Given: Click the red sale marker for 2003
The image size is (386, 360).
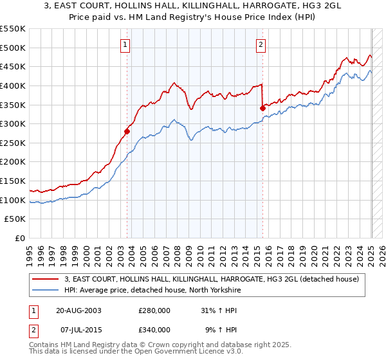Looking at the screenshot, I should coord(127,132).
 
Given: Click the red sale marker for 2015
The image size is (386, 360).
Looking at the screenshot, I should coord(263,108).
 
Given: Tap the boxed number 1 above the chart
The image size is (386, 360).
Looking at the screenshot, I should coord(125,44).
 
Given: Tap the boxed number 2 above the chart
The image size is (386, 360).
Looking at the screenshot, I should coord(261,44).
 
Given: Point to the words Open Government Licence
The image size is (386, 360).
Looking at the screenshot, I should coord(190,353).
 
